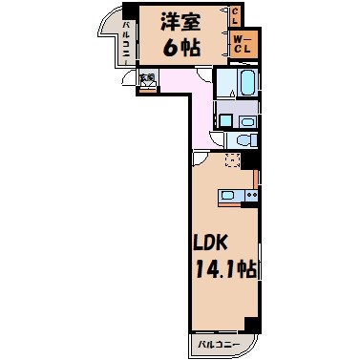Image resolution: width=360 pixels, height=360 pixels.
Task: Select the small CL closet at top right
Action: tap(236, 15)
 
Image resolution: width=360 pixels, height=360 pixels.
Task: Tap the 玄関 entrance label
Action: tap(146, 78)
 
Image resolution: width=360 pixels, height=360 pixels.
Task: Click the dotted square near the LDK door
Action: tap(231, 159)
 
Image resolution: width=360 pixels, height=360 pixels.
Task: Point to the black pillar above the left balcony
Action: tap(129, 11)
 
